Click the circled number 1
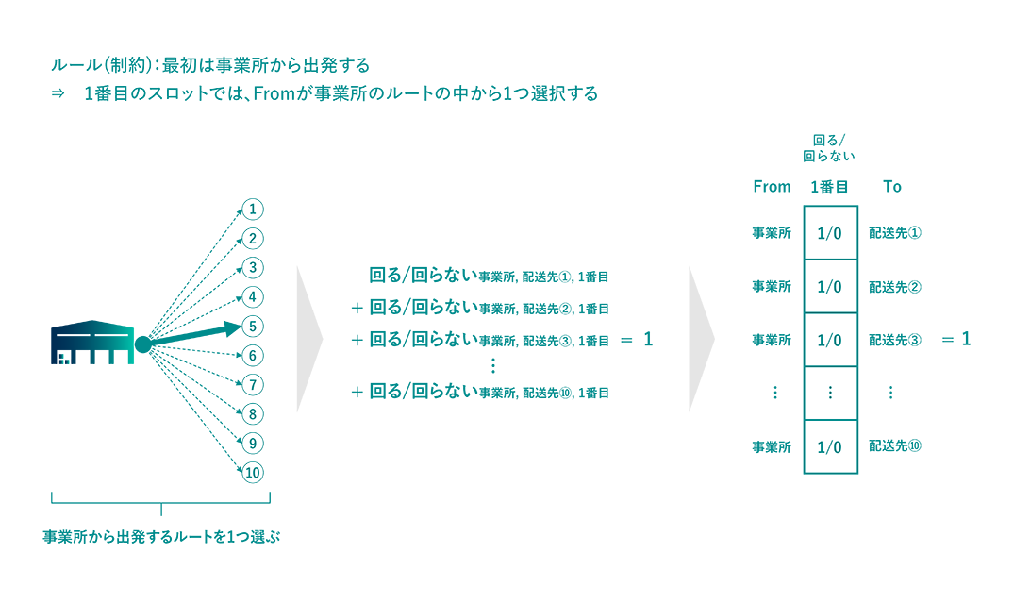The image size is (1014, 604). [x=252, y=209]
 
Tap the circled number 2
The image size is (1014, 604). [x=252, y=238]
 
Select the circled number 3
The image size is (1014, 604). [x=252, y=267]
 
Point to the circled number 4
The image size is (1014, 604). [x=252, y=296]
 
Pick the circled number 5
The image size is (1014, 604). [x=252, y=326]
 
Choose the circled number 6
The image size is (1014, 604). [x=252, y=356]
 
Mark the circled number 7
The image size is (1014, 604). [x=252, y=385]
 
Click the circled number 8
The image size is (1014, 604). [x=252, y=414]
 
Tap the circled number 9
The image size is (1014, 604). [x=252, y=444]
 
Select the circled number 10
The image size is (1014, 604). [x=252, y=473]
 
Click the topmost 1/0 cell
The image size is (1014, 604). [x=830, y=233]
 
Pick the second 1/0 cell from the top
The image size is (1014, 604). [x=830, y=286]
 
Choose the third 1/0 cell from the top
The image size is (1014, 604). [x=830, y=340]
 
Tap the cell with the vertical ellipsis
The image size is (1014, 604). [x=830, y=393]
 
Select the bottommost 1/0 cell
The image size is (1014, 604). [x=830, y=446]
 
